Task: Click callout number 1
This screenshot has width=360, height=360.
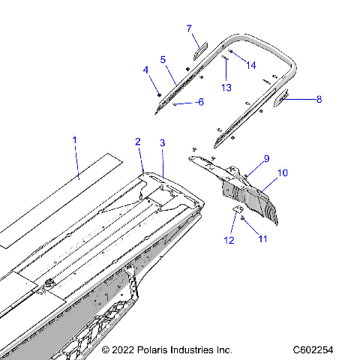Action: [x=74, y=140]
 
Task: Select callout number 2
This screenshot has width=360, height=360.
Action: [x=138, y=142]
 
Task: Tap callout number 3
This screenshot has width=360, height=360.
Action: [x=162, y=142]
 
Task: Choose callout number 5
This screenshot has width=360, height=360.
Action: [x=163, y=58]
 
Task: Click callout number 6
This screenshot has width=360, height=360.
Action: [x=199, y=102]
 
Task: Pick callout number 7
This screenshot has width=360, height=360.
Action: [x=190, y=28]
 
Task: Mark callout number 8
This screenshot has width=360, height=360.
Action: [x=319, y=98]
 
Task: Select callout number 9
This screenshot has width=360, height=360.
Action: [x=265, y=158]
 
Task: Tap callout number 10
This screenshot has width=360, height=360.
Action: [x=283, y=173]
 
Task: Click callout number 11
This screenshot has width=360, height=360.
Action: [x=262, y=238]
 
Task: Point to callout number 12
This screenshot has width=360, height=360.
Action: [x=229, y=240]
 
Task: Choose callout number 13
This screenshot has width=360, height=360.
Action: [x=226, y=86]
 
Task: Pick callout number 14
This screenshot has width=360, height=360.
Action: [x=250, y=65]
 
